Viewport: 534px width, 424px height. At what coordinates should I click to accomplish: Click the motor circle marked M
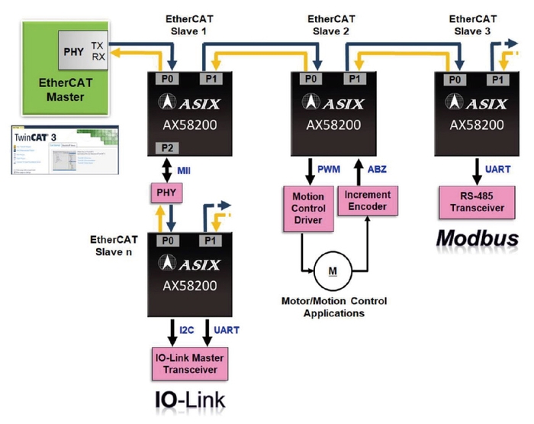coord(333,268)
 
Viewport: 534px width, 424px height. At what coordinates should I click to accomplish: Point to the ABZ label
coord(377,167)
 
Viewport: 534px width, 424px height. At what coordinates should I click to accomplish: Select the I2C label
coord(187,331)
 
